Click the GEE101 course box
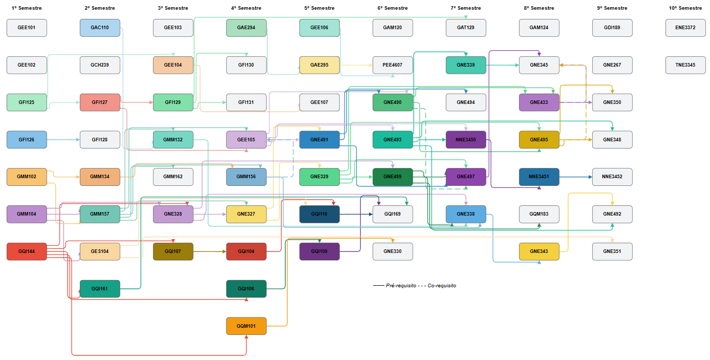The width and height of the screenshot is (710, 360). [x=27, y=28]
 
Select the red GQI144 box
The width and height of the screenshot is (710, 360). [x=27, y=251]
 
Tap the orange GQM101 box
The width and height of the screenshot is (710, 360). [x=246, y=326]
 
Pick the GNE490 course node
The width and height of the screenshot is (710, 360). [x=393, y=102]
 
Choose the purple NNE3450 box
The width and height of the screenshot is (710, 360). [x=466, y=140]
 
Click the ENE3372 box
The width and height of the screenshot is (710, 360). [x=685, y=28]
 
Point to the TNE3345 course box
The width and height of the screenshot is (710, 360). [x=685, y=65]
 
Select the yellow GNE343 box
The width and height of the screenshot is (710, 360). [x=539, y=251]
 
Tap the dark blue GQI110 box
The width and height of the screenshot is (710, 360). [x=319, y=214]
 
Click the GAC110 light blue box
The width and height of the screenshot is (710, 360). [x=100, y=28]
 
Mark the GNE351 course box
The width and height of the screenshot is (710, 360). [x=612, y=251]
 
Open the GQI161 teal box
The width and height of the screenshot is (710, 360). [x=100, y=289]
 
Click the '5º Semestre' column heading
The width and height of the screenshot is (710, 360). [x=319, y=8]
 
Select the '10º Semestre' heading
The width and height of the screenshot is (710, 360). [x=685, y=8]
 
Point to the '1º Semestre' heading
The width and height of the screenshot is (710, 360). [x=27, y=8]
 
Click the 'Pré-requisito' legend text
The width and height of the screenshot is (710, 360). [x=401, y=285]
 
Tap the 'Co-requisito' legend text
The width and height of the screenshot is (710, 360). [x=442, y=285]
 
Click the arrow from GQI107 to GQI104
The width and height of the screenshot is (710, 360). [x=210, y=251]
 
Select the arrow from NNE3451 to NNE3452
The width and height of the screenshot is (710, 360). [x=576, y=177]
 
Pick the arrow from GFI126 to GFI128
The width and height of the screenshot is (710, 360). [x=63, y=140]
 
